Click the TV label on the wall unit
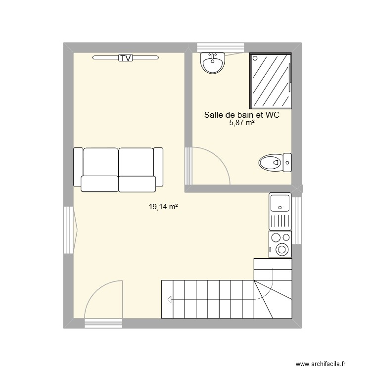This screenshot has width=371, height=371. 126,58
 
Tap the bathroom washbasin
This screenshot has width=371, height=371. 213,63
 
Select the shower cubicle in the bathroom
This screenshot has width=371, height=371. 271,80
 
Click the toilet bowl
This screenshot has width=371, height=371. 270,162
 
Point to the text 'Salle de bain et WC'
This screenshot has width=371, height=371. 242,115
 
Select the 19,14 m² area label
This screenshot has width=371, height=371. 164,207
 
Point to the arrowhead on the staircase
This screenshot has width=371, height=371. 170,299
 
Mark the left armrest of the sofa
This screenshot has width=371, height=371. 78,167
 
